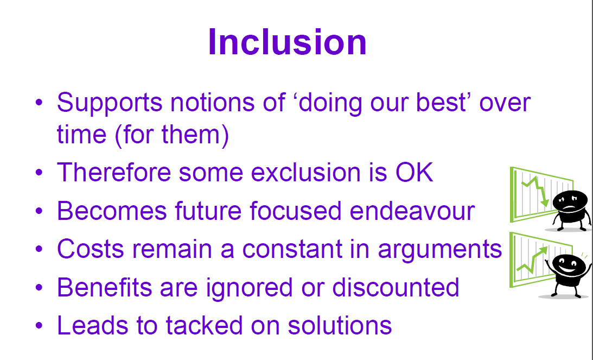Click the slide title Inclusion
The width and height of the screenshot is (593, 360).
287,42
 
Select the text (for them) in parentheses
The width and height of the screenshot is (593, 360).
171,134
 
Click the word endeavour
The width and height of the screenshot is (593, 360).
412,211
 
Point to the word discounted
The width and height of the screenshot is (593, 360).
396,287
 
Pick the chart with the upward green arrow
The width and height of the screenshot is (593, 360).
532,260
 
